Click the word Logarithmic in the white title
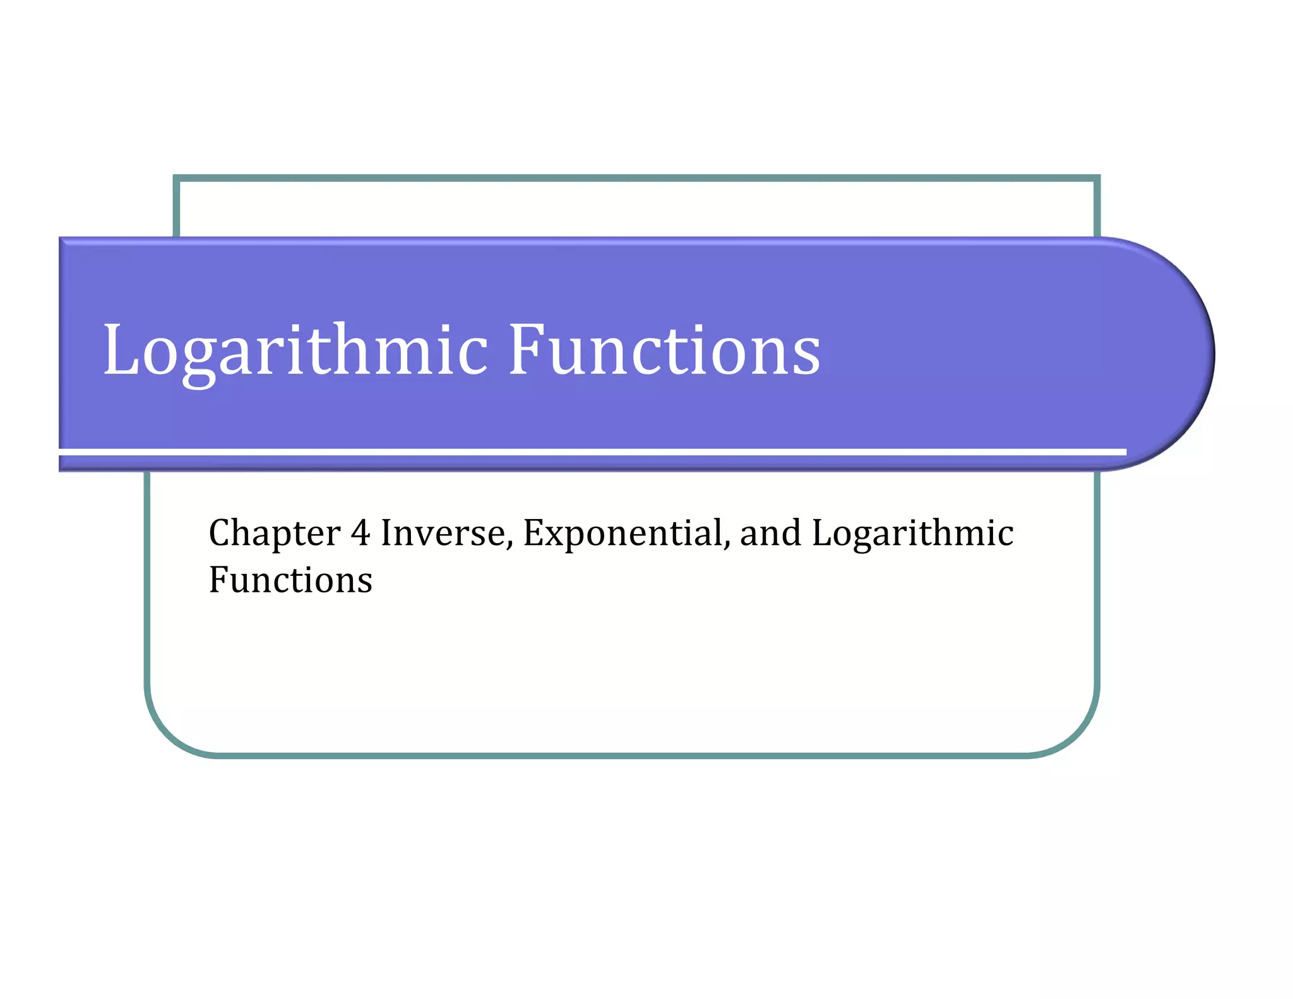(295, 350)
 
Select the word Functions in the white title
(664, 350)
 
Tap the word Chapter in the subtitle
(275, 534)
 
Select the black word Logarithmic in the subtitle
(912, 534)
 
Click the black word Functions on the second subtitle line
(290, 580)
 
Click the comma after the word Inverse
(509, 544)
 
